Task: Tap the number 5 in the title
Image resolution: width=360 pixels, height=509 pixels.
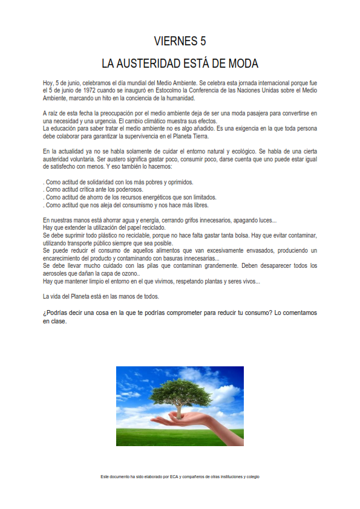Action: tap(203, 41)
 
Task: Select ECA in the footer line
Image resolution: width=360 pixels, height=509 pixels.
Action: tap(174, 477)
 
